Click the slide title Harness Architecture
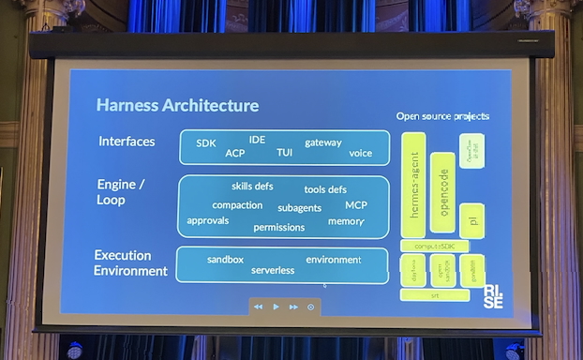pyautogui.click(x=177, y=105)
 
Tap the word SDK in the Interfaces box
pyautogui.click(x=206, y=143)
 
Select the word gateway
pyautogui.click(x=323, y=142)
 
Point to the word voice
pyautogui.click(x=360, y=153)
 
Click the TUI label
pyautogui.click(x=285, y=152)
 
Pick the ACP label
pyautogui.click(x=235, y=153)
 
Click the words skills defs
pyautogui.click(x=252, y=186)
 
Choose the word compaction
pyautogui.click(x=237, y=205)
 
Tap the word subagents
pyautogui.click(x=300, y=207)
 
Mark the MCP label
pyautogui.click(x=356, y=204)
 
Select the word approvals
pyautogui.click(x=208, y=220)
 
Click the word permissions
pyautogui.click(x=279, y=227)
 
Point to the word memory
pyautogui.click(x=346, y=221)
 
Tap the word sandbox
pyautogui.click(x=225, y=259)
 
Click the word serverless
pyautogui.click(x=273, y=270)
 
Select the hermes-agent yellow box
pyautogui.click(x=413, y=187)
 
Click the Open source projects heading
pyautogui.click(x=442, y=116)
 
